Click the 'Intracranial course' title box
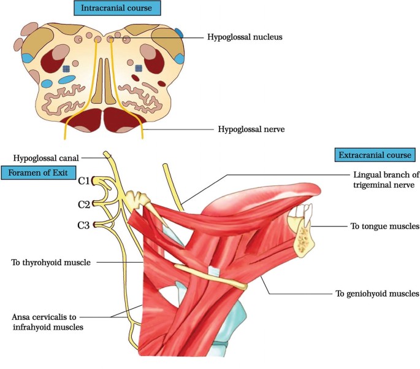pyautogui.click(x=116, y=8)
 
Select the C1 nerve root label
pyautogui.click(x=84, y=181)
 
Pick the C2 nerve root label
pyautogui.click(x=84, y=204)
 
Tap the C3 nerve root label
pyautogui.click(x=84, y=225)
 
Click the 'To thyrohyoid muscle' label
pyautogui.click(x=51, y=263)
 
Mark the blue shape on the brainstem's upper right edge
pyautogui.click(x=178, y=32)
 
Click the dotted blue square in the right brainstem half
pyautogui.click(x=139, y=68)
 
